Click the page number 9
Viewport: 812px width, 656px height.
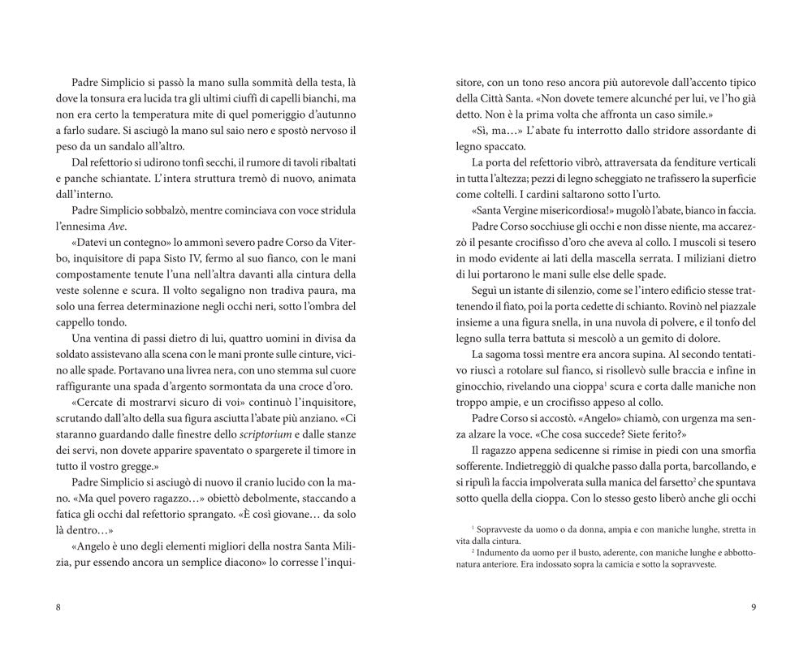pos(754,608)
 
